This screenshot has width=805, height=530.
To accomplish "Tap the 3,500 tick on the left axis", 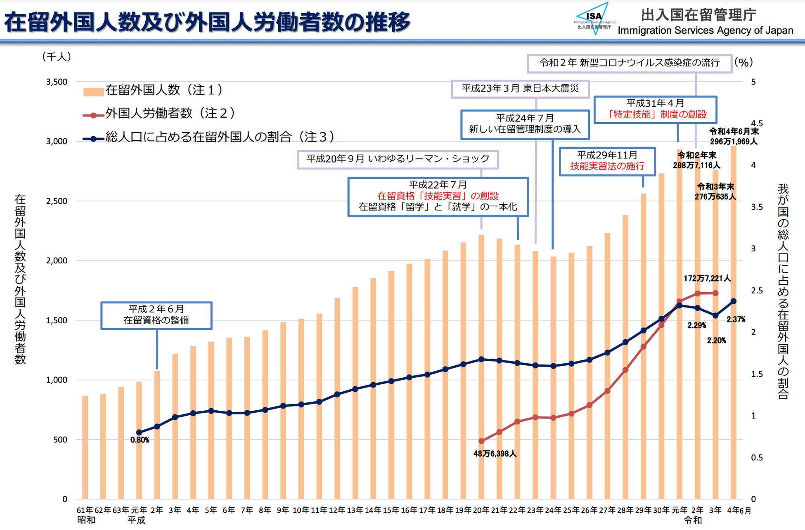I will (57, 82).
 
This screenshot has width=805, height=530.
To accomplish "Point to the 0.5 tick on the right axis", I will (756, 457).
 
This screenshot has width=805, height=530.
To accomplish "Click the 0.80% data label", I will (140, 440).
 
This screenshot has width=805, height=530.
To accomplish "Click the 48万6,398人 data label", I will (495, 454).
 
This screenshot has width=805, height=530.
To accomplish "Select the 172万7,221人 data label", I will (707, 278).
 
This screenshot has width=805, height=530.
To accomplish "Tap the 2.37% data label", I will (736, 319).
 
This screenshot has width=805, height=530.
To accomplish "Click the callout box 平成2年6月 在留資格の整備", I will (156, 315).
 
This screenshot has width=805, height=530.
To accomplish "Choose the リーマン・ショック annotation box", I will (398, 159).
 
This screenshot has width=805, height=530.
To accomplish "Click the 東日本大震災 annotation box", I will (520, 89).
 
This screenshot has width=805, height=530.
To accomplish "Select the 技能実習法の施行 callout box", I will (607, 161).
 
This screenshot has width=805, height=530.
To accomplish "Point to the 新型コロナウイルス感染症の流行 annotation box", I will (629, 63).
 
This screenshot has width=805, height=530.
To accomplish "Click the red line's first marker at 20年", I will (481, 441).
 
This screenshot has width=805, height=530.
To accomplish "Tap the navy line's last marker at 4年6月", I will (734, 301).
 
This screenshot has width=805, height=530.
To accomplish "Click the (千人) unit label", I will (57, 57).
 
